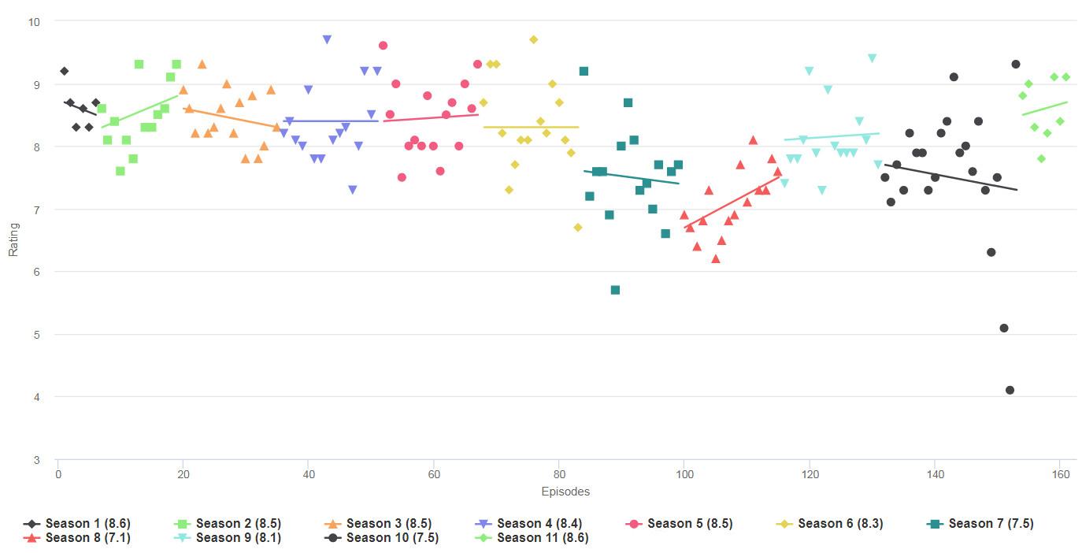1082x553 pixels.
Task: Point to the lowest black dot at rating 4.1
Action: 1010,390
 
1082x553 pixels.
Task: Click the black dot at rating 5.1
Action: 1003,328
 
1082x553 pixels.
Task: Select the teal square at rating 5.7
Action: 615,290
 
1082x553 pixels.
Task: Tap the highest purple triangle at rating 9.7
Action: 327,39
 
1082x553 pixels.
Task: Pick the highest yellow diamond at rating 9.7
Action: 533,39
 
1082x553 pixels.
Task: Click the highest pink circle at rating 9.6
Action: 383,46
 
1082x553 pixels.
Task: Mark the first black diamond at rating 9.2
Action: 64,71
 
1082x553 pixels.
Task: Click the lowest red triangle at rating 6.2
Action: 715,258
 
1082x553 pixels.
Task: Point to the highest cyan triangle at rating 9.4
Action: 872,58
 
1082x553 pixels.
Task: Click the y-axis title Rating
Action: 13,239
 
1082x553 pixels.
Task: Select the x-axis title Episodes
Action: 565,492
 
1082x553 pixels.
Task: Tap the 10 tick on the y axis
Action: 34,21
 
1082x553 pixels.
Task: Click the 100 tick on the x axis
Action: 684,474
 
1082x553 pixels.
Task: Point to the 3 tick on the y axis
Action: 37,459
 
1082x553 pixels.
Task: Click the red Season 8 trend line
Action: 732,202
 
